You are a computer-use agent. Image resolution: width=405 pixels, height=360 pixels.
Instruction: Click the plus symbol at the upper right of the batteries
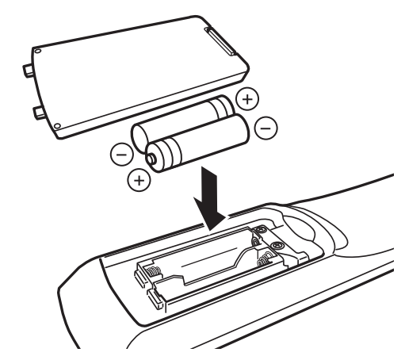pyautogui.click(x=247, y=100)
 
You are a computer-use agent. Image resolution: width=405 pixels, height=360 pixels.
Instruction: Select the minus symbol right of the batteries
pyautogui.click(x=269, y=126)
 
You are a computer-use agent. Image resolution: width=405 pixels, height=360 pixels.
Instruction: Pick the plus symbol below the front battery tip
pyautogui.click(x=138, y=182)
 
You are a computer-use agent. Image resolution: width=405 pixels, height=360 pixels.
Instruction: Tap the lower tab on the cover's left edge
pyautogui.click(x=39, y=110)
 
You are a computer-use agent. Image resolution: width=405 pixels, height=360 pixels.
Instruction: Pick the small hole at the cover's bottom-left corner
pyautogui.click(x=59, y=126)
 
